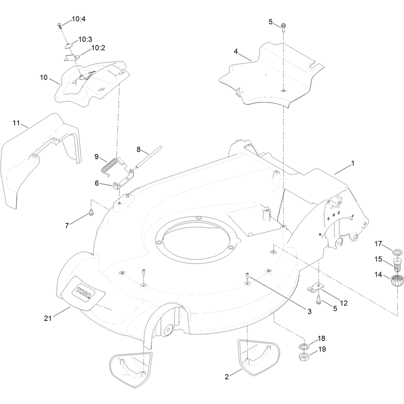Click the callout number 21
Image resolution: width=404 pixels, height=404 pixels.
click(47, 319)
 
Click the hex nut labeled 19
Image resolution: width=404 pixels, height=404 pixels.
click(304, 357)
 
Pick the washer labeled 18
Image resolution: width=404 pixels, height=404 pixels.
click(305, 346)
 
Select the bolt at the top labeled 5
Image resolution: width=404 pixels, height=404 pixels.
click(283, 27)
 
